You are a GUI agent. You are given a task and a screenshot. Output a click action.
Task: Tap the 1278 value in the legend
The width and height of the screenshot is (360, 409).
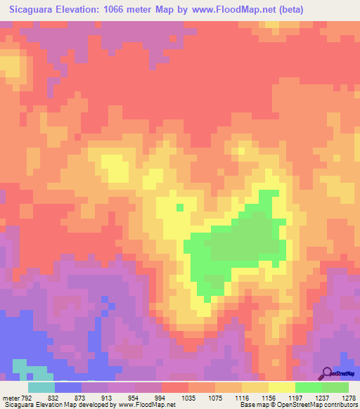349,397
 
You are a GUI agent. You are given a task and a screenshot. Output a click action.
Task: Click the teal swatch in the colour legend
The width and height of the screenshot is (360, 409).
41,387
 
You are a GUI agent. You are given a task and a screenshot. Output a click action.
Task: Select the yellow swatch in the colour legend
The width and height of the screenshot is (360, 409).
281,387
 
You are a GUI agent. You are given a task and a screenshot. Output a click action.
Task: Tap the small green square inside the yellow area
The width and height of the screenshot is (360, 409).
180,207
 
